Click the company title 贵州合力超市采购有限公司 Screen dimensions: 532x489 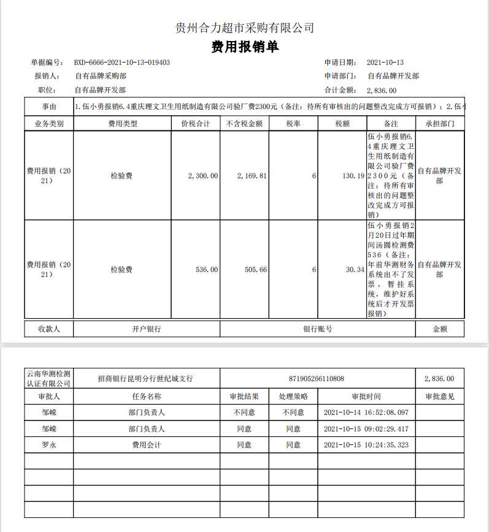click(244, 28)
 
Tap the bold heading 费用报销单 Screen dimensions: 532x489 click(244, 47)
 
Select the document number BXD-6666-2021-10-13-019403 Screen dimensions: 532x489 click(122, 63)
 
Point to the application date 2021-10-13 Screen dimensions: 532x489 click(385, 63)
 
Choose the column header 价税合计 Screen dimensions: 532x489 click(196, 123)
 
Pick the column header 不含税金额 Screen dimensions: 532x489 click(244, 123)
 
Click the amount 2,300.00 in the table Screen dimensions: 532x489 click(202, 176)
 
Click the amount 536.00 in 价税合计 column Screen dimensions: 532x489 click(206, 270)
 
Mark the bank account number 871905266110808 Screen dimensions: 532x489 click(317, 379)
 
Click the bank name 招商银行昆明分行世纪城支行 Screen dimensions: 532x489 click(145, 379)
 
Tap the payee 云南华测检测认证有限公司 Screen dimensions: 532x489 click(49, 379)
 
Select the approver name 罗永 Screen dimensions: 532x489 click(48, 445)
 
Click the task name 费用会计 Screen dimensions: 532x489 click(146, 445)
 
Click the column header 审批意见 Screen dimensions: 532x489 click(439, 397)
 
